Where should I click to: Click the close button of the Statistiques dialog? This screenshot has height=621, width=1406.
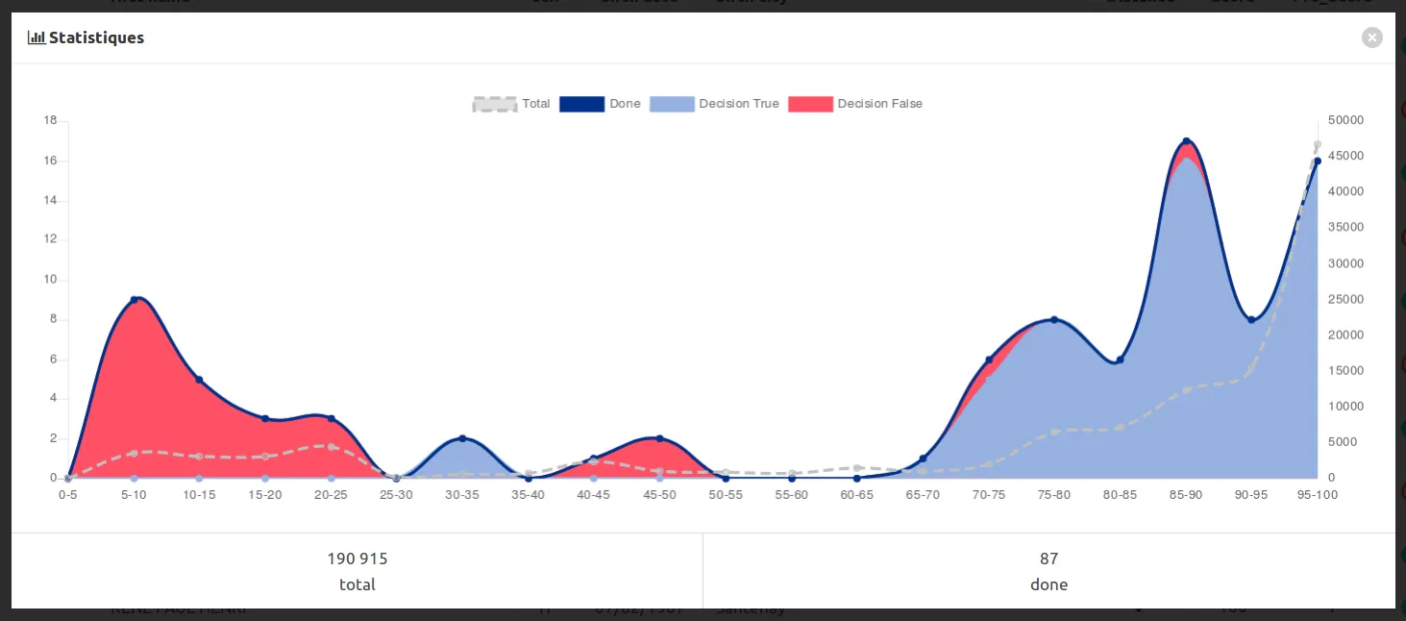[1371, 37]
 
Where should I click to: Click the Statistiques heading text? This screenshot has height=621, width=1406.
[96, 37]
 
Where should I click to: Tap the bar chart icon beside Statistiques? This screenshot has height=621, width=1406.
[37, 37]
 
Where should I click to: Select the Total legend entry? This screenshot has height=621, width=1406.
[511, 104]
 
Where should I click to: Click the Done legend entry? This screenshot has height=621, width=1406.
[600, 104]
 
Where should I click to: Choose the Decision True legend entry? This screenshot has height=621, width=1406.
[714, 104]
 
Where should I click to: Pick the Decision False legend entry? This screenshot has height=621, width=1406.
[854, 104]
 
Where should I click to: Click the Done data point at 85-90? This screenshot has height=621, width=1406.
[1186, 141]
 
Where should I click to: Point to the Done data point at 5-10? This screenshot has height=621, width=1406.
[134, 300]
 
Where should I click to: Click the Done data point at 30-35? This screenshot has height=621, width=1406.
[462, 438]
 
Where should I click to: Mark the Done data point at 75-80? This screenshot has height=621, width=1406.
[1054, 319]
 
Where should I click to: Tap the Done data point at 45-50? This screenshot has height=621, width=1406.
[659, 438]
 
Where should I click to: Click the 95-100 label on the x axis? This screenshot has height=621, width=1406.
[1317, 494]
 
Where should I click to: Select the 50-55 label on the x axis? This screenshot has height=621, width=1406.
[725, 494]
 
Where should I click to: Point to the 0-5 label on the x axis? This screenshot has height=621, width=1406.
[67, 494]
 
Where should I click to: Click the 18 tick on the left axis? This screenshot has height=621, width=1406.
[50, 120]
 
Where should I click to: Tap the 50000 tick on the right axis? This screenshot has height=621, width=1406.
[1344, 120]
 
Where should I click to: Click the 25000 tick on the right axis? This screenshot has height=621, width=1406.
[1344, 299]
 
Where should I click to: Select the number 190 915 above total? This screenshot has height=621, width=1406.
[358, 559]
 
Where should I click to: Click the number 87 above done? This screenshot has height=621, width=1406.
[1048, 559]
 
